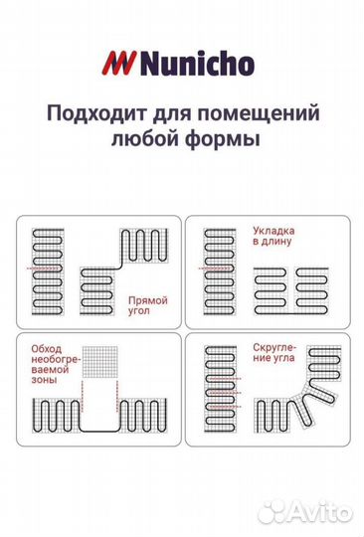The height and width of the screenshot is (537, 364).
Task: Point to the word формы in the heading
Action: (231, 139)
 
